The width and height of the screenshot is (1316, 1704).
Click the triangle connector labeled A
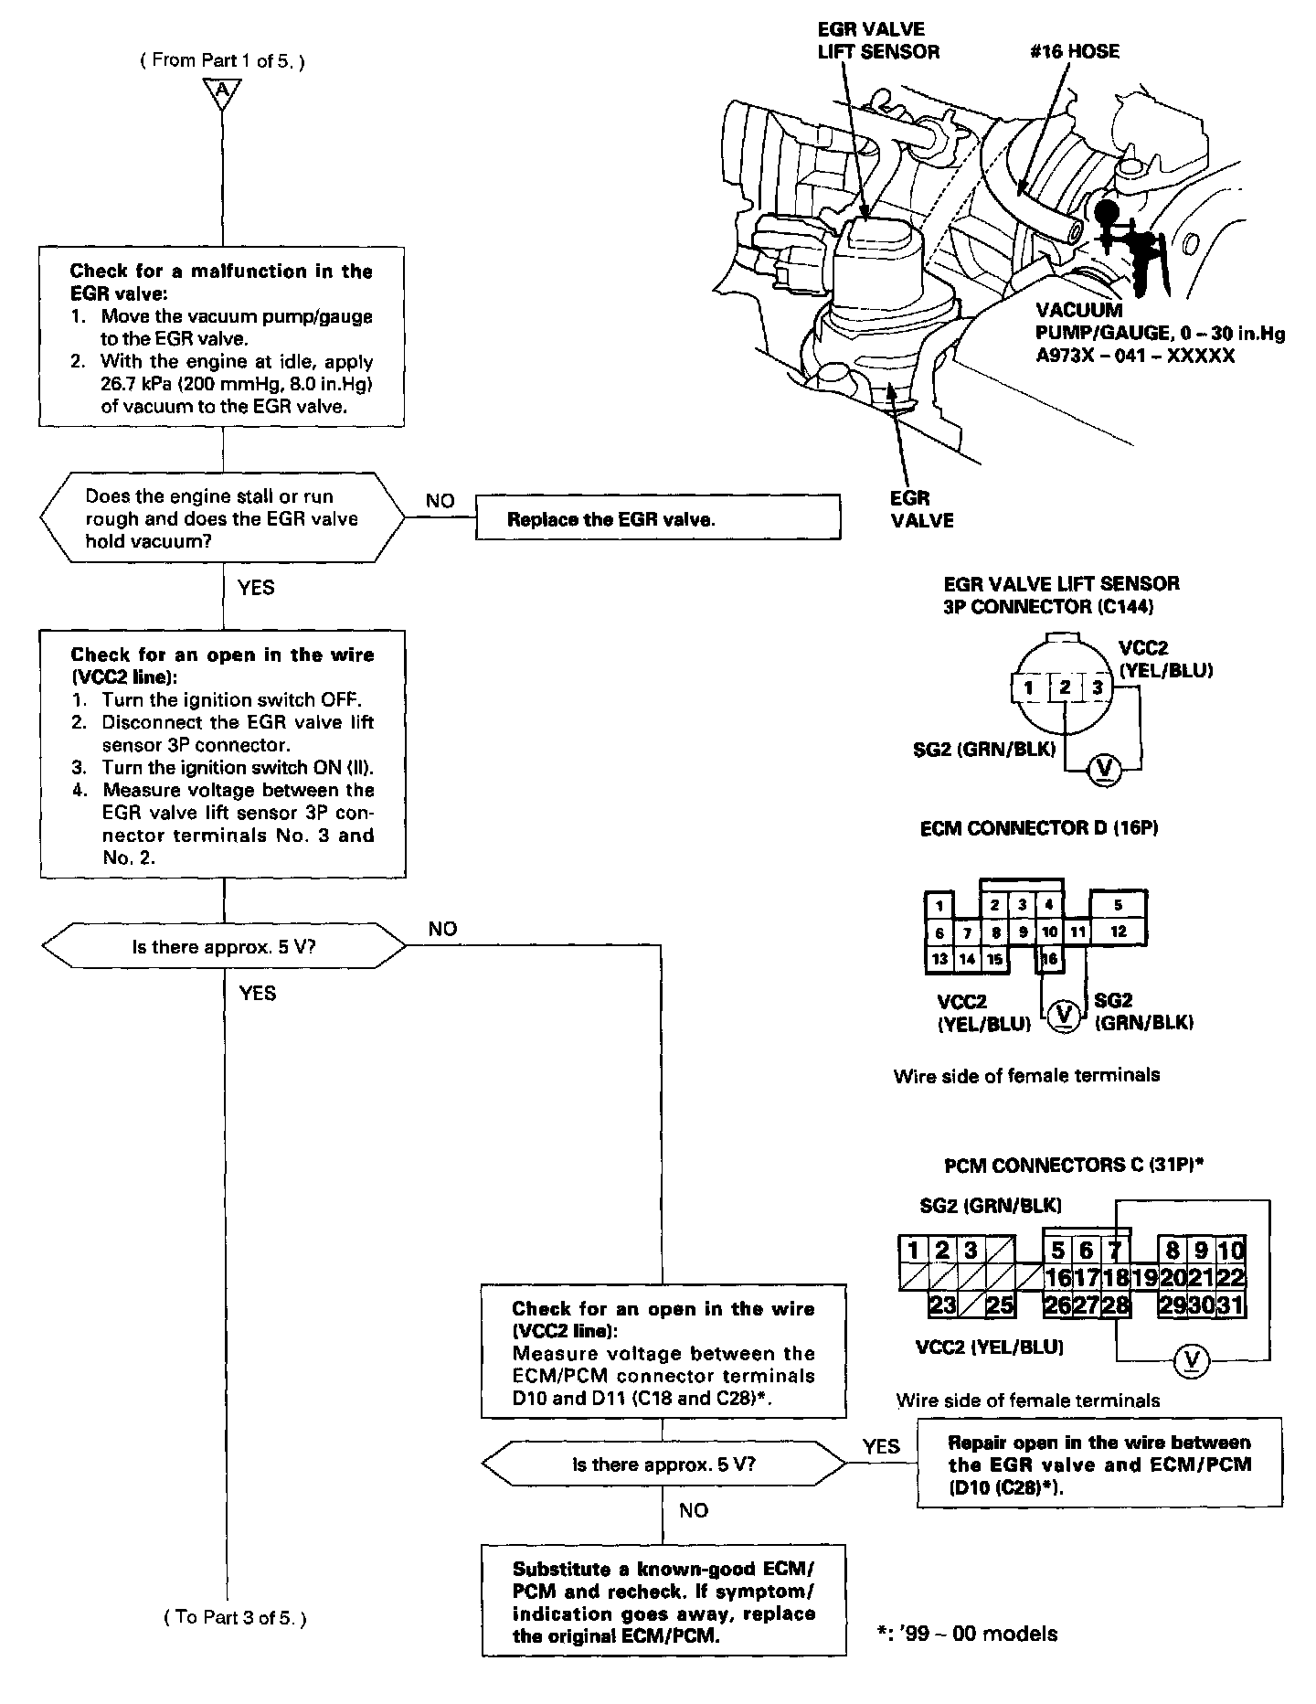[x=223, y=92]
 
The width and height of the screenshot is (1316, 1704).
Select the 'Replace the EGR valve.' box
[x=657, y=519]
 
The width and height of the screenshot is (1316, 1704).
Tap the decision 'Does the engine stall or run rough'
[x=223, y=518]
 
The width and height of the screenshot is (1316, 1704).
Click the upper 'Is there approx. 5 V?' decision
[x=223, y=946]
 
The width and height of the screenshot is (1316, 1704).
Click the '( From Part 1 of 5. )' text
[x=222, y=60]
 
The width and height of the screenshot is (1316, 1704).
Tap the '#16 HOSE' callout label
[x=1073, y=51]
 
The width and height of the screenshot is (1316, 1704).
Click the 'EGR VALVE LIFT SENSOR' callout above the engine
[x=877, y=41]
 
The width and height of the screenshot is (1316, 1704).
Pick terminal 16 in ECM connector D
[x=1050, y=958]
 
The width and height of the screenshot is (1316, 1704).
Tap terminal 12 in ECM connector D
[x=1119, y=932]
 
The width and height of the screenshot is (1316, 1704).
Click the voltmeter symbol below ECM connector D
[x=1062, y=1014]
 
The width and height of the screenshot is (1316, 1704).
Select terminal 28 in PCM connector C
[x=1115, y=1305]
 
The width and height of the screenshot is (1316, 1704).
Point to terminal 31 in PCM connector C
[x=1231, y=1305]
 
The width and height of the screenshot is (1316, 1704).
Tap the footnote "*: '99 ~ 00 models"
[x=966, y=1634]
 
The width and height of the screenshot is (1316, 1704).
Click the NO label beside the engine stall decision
[x=440, y=501]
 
